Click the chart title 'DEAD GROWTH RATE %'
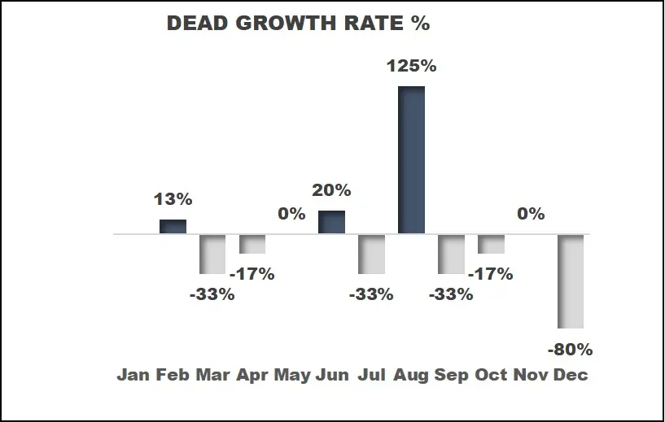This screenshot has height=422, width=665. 298,24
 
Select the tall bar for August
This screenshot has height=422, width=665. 411,159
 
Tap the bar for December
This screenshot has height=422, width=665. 571,281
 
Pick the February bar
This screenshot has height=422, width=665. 173,226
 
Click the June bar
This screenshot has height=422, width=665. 331,222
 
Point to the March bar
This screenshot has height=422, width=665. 212,255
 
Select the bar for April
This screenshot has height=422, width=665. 252,244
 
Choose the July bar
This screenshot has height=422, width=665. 371,255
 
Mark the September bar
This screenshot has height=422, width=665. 451,255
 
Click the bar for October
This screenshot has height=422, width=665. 491,244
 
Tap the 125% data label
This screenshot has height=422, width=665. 411,67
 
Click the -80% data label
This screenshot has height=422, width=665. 570,350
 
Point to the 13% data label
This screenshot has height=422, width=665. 172,199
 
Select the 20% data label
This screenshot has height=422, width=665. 330,190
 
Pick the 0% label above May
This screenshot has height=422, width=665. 291,214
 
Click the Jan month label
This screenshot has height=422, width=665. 133,375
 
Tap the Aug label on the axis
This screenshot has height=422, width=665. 411,375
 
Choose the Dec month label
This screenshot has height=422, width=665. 571,375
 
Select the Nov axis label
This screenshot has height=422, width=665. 531,375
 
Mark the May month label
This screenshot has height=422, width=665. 292,375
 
